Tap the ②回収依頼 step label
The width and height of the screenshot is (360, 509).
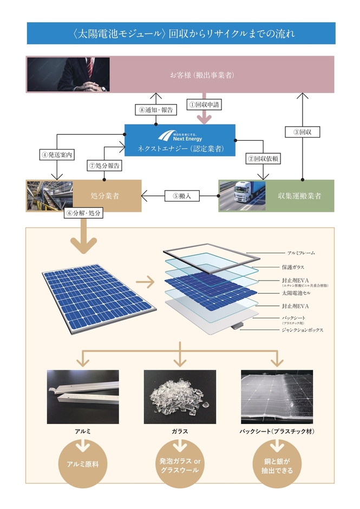click(264, 159)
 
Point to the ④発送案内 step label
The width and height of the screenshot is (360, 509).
click(56, 153)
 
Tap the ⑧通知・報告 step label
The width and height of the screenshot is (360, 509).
click(155, 109)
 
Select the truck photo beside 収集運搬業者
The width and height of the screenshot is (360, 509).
click(241, 195)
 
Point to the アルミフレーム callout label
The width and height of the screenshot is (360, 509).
click(299, 253)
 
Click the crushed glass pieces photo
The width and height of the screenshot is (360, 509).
click(180, 397)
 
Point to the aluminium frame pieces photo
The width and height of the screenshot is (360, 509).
click(83, 397)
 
